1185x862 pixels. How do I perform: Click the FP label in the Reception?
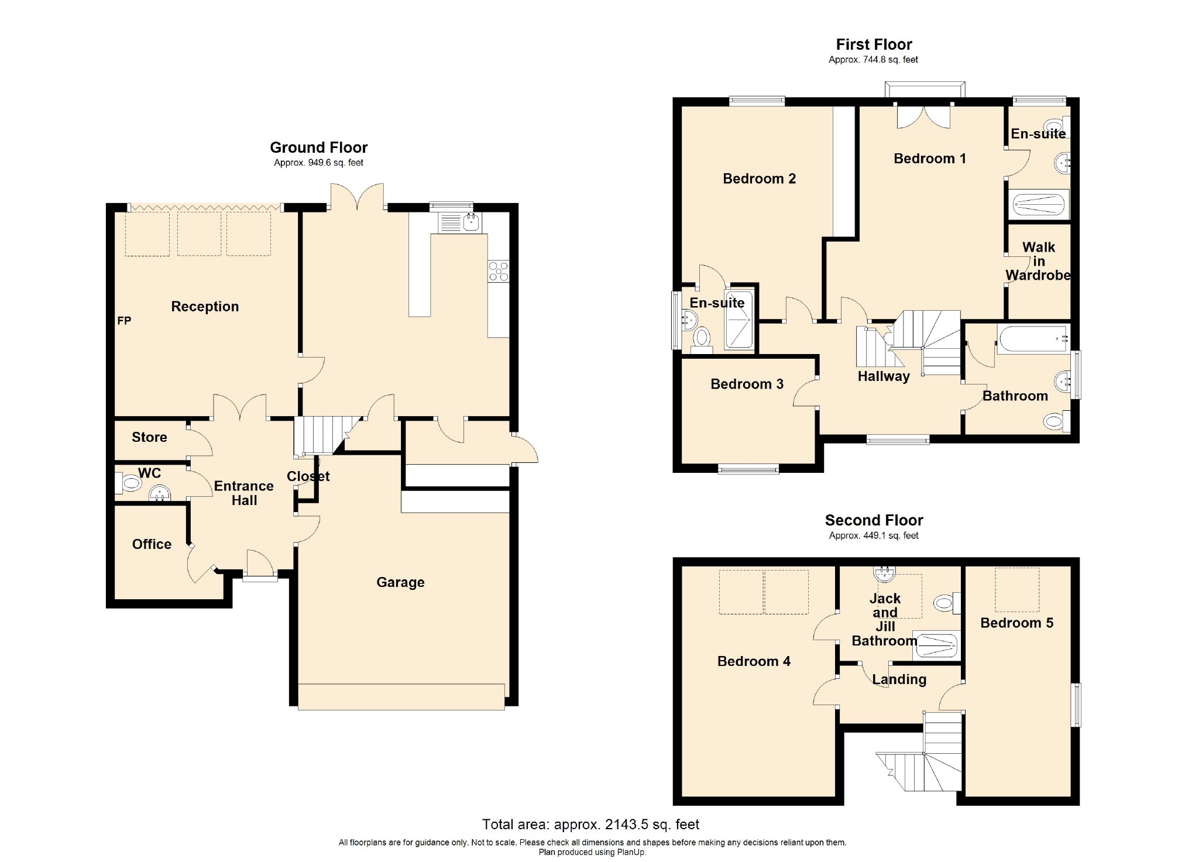tap(124, 321)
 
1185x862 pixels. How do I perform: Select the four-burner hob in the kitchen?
tap(498, 271)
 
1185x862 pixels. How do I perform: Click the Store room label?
tap(149, 437)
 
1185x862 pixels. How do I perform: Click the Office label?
tap(152, 544)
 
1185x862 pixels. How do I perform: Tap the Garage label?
tap(400, 582)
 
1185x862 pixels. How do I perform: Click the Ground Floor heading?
tap(318, 147)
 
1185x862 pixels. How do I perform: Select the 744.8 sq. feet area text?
tap(873, 60)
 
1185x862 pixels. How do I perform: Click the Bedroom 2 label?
tap(759, 179)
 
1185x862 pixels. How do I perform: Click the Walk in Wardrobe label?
tap(1038, 262)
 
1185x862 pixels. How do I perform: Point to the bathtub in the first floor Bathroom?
tap(1033, 339)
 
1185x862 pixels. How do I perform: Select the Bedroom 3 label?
tap(747, 384)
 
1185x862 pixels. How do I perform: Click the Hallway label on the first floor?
tap(883, 376)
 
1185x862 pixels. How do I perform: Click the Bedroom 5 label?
tap(1016, 623)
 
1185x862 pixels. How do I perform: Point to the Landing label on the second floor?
tap(899, 679)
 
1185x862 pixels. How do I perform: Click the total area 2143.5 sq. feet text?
tap(590, 825)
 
